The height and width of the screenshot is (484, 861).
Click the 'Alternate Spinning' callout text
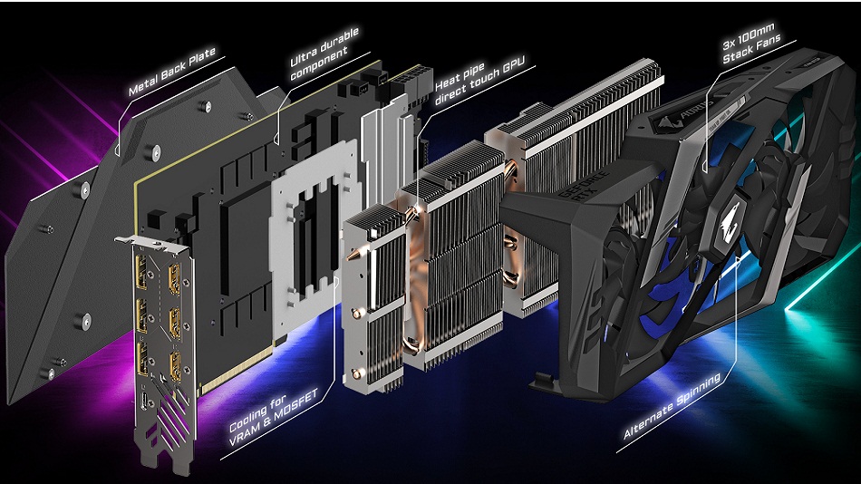click(672, 409)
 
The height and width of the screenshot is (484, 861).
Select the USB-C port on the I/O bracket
click(148, 399)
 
